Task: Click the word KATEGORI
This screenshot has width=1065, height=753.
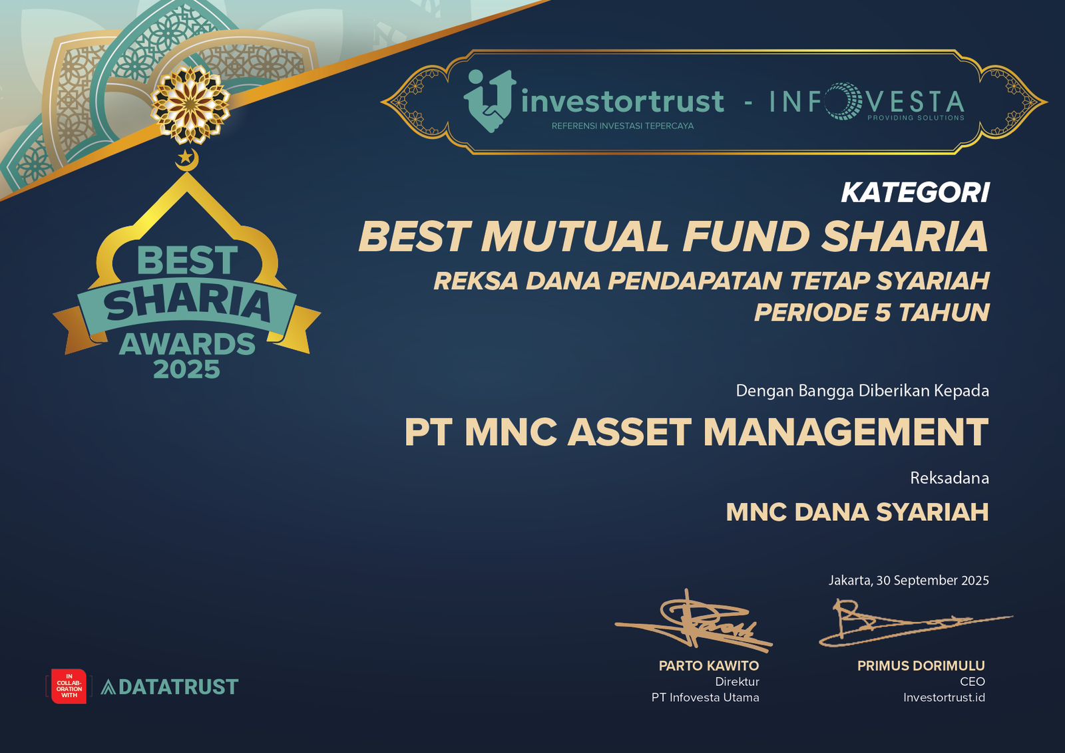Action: [915, 193]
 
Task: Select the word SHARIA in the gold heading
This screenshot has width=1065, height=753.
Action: [905, 236]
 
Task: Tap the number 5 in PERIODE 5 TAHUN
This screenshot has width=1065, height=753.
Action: [883, 312]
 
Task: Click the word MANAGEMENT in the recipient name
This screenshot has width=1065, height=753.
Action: [846, 432]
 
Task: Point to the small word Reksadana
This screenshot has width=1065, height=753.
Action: [949, 478]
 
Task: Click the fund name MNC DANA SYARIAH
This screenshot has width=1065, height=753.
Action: [857, 512]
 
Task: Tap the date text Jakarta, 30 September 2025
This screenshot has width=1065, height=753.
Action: [909, 580]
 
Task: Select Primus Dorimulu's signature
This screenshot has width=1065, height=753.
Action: [915, 623]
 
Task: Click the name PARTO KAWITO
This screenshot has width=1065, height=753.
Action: [709, 666]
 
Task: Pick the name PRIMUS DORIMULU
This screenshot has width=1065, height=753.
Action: [921, 666]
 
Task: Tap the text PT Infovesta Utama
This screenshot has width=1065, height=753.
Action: [705, 697]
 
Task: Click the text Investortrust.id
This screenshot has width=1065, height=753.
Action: [945, 697]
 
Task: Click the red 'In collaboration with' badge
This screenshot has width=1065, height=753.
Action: [69, 686]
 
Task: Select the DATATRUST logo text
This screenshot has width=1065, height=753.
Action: [170, 687]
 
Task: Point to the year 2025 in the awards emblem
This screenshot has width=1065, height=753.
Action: [187, 370]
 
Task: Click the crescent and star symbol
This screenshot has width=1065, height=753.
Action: [186, 159]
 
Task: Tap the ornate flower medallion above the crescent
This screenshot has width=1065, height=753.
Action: [190, 105]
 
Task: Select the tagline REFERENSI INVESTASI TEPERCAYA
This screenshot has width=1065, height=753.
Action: [622, 126]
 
